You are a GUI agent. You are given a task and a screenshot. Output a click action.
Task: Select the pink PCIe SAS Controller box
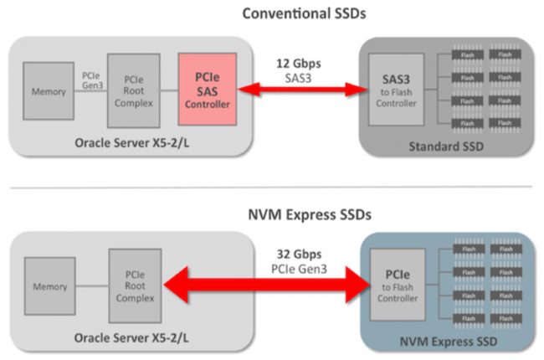(x=207, y=88)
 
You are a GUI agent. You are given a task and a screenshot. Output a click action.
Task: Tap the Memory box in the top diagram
(x=49, y=90)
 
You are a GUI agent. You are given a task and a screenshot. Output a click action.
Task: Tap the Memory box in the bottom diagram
(x=50, y=287)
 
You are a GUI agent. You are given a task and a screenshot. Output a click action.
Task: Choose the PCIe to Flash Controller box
(x=396, y=285)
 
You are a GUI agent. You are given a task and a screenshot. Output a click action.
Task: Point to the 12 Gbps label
(x=300, y=62)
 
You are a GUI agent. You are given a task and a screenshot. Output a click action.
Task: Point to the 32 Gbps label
(x=300, y=253)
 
